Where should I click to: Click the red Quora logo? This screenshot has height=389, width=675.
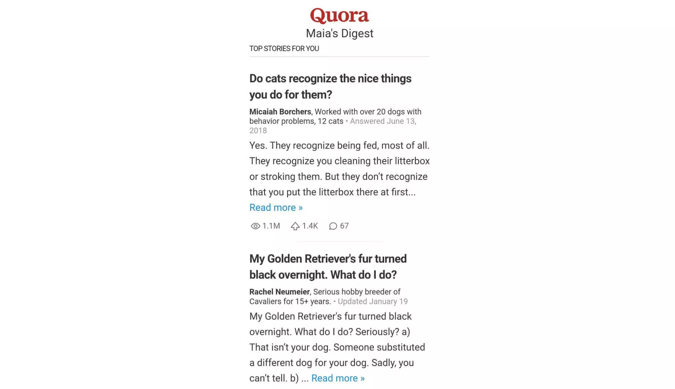coord(339,15)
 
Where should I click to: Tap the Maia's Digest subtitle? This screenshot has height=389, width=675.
coord(340,33)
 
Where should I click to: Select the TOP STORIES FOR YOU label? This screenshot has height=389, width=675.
coord(284,48)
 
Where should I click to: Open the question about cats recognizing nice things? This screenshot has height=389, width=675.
coord(330,86)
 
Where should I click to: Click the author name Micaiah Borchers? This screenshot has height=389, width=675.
coord(280,111)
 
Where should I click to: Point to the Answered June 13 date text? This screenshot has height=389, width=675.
coord(382,121)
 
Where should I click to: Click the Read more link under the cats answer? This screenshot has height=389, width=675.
coord(276,207)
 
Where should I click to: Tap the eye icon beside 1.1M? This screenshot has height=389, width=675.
coord(255,226)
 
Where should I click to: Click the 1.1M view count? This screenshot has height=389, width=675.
coord(271,226)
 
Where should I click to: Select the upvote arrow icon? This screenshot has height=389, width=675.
coord(295,226)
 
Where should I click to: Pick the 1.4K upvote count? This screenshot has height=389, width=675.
coord(310,226)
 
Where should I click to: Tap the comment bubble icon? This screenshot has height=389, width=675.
coord(333,226)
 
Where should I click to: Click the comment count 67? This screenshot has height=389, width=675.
coord(344,226)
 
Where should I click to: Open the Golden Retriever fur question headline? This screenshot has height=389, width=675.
coord(328,267)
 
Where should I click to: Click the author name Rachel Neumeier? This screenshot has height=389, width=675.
coord(280,292)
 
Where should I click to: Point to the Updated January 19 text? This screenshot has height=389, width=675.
coord(372,301)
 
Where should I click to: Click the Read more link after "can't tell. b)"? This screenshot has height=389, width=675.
coord(338,378)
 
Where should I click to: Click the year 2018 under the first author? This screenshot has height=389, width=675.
coord(258,131)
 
